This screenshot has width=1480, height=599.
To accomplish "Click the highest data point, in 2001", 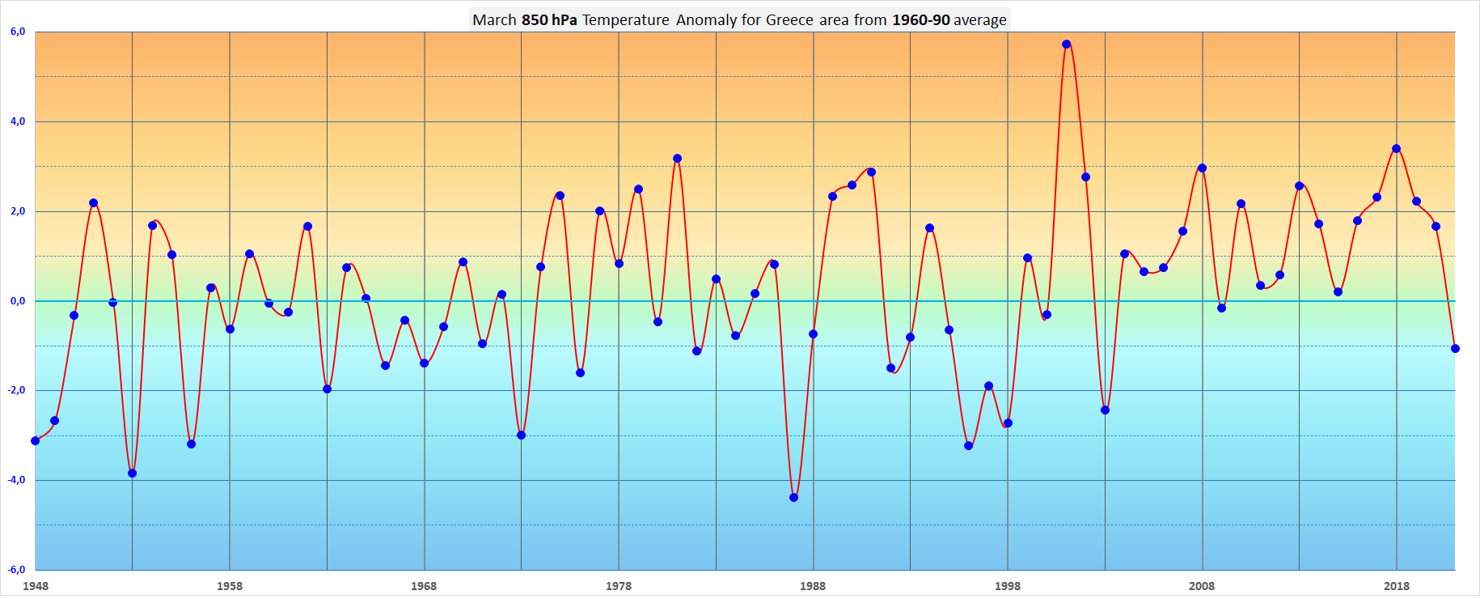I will point(1066,45).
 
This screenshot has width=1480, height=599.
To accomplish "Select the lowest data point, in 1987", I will point(793,498).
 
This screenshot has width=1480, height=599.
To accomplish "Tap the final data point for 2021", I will point(1455,349).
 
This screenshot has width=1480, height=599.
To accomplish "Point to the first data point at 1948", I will point(35,441).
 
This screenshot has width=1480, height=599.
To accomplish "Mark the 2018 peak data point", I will point(1396,149).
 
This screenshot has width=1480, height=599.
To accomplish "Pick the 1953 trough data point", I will point(132,474).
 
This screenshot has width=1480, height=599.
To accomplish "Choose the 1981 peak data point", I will point(677,159).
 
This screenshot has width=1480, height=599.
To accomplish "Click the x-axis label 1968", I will point(424,586).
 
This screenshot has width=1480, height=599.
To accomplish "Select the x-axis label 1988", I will point(813,586).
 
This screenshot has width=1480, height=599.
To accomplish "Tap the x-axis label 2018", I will point(1396,586).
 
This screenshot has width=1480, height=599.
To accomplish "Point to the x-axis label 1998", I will point(1008,586).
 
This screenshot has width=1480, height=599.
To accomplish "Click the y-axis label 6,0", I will point(18,32).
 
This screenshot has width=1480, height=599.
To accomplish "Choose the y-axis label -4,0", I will point(17,480).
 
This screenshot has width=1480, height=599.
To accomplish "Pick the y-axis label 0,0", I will point(18,301).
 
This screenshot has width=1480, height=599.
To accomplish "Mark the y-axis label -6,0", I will point(17,570).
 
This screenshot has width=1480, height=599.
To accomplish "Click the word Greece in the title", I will point(789,20).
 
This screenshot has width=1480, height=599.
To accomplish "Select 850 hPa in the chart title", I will point(549,20).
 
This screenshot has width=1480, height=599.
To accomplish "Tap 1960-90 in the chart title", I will point(920,20).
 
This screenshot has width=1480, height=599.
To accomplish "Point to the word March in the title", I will point(494,20).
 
